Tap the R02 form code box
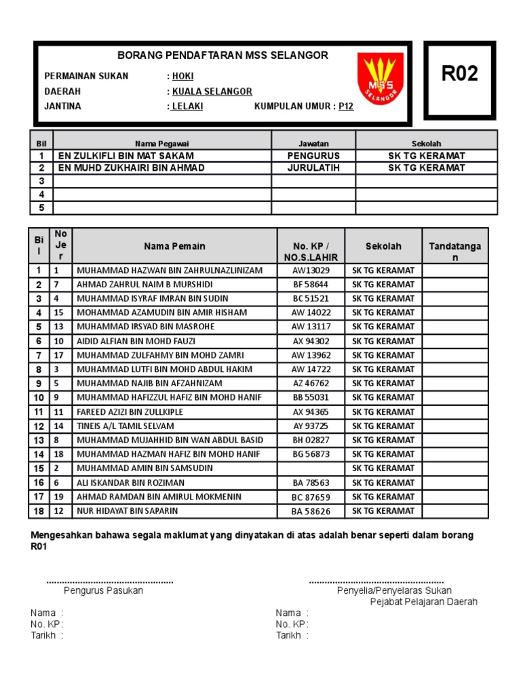coord(460,74)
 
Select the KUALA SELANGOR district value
coord(212,91)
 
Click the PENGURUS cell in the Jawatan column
coord(313,155)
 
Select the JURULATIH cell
coord(313,167)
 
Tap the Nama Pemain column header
coord(174,246)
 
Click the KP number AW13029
coord(310,270)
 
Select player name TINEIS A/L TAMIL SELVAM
coord(126,426)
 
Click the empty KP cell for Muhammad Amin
coord(310,468)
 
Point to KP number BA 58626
coord(310,511)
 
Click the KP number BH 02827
coord(310,441)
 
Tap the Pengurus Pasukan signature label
coord(103,590)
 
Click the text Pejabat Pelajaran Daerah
coord(423,602)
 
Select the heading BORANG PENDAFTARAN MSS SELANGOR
coord(223,56)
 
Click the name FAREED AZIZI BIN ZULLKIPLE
coord(130,412)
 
